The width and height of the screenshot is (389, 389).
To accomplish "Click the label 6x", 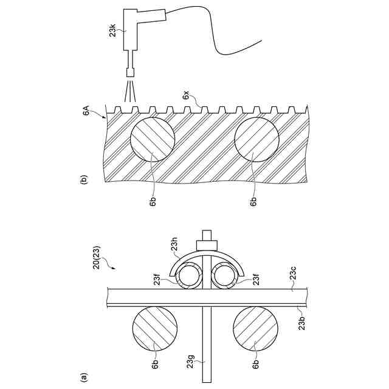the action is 186,95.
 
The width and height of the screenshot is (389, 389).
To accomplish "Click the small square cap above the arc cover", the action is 207,244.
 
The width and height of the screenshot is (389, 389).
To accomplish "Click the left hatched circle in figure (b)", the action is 153,140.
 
